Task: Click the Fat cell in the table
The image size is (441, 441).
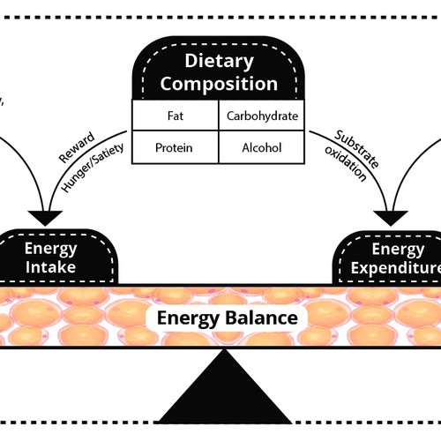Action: pos(175,116)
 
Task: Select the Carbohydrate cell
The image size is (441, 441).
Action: pos(262,116)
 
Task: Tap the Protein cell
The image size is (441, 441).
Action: pos(175,147)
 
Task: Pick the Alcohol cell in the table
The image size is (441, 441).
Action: pos(262,147)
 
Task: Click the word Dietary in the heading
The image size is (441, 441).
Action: pos(219,61)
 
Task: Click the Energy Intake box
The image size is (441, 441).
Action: pos(57,255)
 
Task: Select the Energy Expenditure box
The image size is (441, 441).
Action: pos(388,255)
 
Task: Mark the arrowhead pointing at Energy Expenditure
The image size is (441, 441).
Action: pos(393,216)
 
